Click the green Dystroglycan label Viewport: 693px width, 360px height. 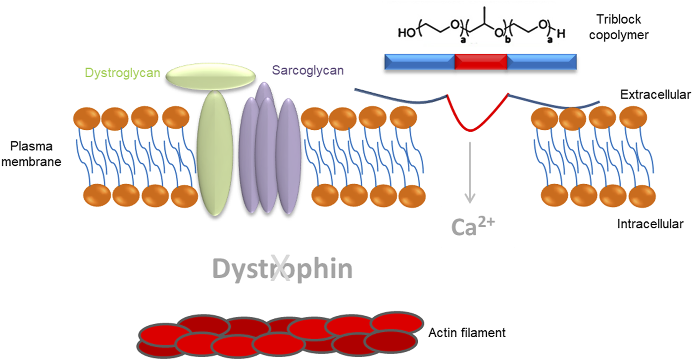pos(122,73)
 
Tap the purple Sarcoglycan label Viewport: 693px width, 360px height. pos(308,71)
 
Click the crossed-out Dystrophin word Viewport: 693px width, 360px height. pos(282,269)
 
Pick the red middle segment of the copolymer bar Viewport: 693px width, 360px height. pos(481,61)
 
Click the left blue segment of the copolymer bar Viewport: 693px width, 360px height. pos(419,61)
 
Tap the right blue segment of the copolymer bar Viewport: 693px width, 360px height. pos(542,61)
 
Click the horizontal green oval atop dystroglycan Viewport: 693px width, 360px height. pos(211,76)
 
